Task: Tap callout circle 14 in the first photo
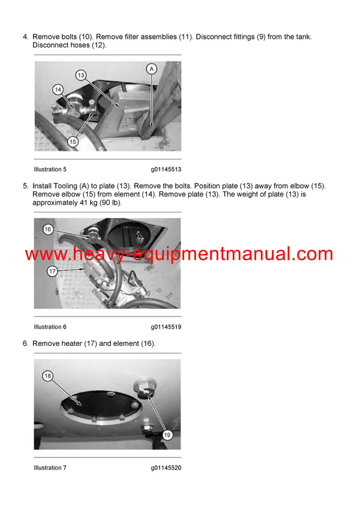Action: coord(58,90)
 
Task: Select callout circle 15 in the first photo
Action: coord(73,142)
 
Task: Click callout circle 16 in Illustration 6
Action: coord(48,230)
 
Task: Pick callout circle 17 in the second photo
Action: coord(53,272)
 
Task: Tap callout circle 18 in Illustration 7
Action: coord(48,376)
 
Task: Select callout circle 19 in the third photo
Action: coord(167,435)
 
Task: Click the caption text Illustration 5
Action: coord(50,169)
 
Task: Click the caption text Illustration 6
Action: coord(50,327)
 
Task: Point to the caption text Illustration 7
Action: coord(50,468)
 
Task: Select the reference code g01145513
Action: coord(166,169)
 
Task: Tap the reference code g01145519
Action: coord(166,327)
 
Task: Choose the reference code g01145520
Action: coord(166,468)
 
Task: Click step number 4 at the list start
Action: coord(25,37)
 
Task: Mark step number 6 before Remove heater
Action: coord(25,344)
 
